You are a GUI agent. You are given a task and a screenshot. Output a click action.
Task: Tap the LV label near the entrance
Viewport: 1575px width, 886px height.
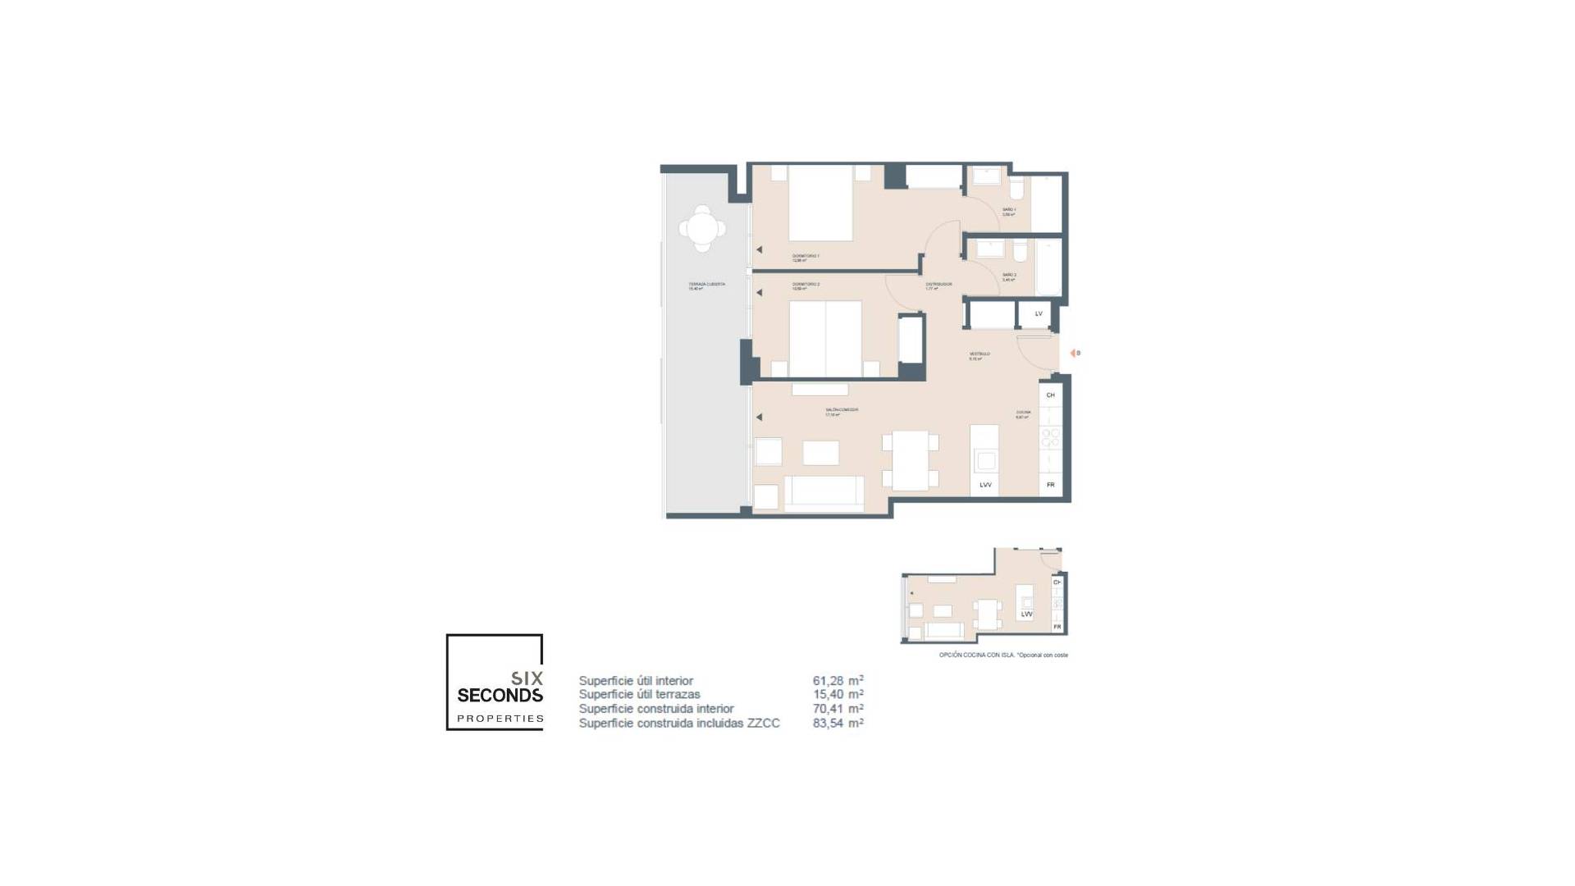pos(1039,313)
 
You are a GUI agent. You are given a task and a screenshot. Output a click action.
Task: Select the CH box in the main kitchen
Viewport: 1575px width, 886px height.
pos(1050,395)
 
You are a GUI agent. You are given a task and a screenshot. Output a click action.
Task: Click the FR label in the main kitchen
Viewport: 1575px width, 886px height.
pos(1050,485)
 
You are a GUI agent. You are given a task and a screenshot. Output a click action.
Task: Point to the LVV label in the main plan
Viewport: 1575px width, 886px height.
pos(985,485)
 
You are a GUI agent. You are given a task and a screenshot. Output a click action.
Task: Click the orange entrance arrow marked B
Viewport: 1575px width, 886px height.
pos(1072,353)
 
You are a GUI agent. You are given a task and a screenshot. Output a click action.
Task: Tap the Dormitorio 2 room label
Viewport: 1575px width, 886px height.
pos(806,285)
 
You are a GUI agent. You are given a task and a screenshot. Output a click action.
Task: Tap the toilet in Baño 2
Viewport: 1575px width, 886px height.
pos(1020,249)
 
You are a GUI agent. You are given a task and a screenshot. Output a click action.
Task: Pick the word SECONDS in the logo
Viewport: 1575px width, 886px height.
pos(500,696)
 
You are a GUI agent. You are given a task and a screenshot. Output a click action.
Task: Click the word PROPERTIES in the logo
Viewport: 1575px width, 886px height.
pos(500,719)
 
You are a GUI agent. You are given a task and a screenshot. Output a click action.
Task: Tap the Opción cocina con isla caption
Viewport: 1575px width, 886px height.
pos(1003,655)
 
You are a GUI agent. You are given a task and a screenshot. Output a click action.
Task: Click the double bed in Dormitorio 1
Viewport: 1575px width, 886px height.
pos(820,203)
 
